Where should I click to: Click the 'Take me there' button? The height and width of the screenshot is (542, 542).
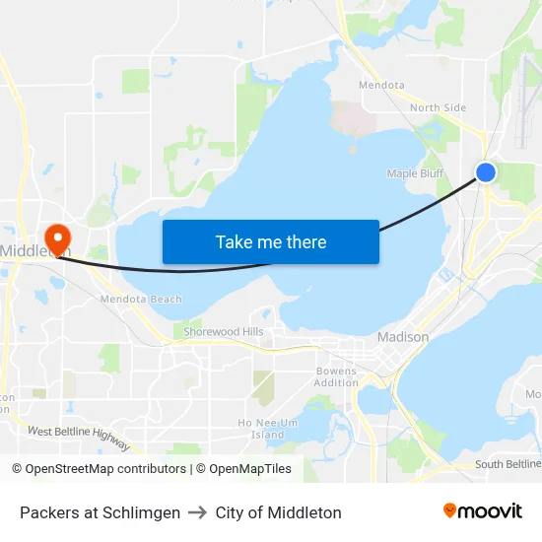click(271, 241)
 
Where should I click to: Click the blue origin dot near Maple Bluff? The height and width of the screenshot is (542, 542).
click(486, 172)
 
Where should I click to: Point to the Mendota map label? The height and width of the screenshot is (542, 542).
click(381, 85)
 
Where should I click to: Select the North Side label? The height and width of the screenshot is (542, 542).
click(438, 107)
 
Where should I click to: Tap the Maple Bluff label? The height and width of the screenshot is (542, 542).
click(415, 173)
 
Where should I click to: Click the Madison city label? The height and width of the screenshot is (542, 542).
click(403, 337)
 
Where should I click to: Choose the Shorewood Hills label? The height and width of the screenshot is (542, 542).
click(224, 332)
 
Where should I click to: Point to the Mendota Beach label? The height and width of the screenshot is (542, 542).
click(141, 299)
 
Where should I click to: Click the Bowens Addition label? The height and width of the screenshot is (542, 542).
click(336, 376)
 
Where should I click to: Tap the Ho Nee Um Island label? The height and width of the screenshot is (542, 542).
click(267, 428)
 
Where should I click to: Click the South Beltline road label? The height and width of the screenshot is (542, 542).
click(508, 464)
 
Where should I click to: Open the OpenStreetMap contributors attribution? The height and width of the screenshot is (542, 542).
click(99, 469)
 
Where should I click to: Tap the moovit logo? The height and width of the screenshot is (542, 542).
click(483, 511)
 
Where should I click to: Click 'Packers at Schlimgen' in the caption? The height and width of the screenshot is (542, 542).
click(100, 512)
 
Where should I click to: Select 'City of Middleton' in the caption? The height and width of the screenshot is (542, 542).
click(279, 512)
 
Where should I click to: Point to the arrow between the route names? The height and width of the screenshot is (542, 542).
click(197, 512)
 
